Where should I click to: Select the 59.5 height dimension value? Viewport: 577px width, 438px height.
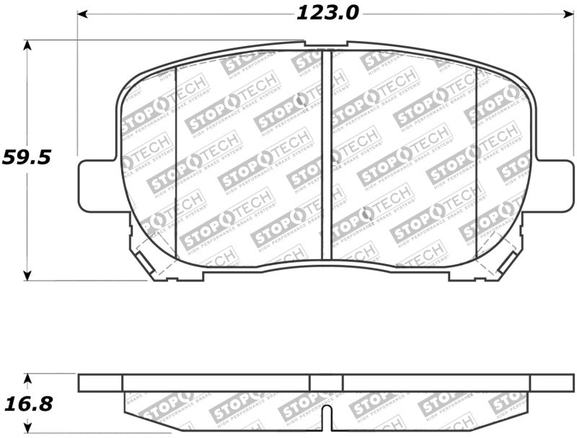click(27, 157)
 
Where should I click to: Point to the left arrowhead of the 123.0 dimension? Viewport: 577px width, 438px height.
click(82, 13)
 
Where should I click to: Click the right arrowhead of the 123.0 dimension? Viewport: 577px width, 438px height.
click(565, 13)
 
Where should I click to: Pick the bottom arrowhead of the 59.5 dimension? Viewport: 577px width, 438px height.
click(27, 276)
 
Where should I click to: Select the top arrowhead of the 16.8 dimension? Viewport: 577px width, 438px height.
click(27, 377)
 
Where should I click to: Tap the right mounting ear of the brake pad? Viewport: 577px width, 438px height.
click(552, 185)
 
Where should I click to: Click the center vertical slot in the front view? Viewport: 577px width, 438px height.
click(326, 155)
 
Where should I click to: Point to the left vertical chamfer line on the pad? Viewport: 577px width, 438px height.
click(177, 162)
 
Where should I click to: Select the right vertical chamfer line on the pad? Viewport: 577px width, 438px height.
click(477, 162)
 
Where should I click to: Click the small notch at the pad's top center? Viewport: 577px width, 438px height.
click(325, 44)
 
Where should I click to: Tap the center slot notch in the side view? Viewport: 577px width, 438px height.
click(326, 415)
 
